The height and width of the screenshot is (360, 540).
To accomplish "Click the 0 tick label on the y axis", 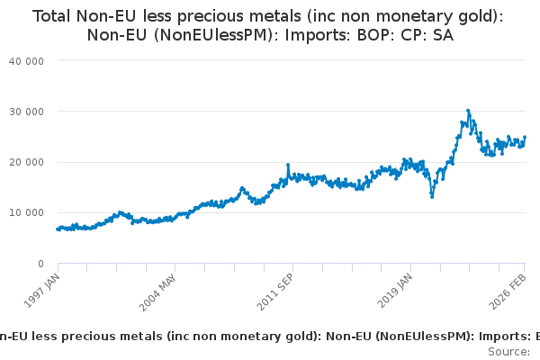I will [x=41, y=264].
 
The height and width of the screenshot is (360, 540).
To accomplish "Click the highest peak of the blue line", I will [x=468, y=111].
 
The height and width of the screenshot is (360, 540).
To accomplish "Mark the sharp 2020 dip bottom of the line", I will [x=432, y=196].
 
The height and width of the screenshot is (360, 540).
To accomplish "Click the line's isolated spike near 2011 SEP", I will [x=288, y=166].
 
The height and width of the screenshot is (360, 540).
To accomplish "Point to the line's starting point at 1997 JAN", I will [x=58, y=229].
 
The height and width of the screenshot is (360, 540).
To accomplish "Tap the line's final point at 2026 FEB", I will [x=525, y=138].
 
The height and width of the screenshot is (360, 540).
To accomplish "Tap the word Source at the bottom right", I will [x=509, y=352].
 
